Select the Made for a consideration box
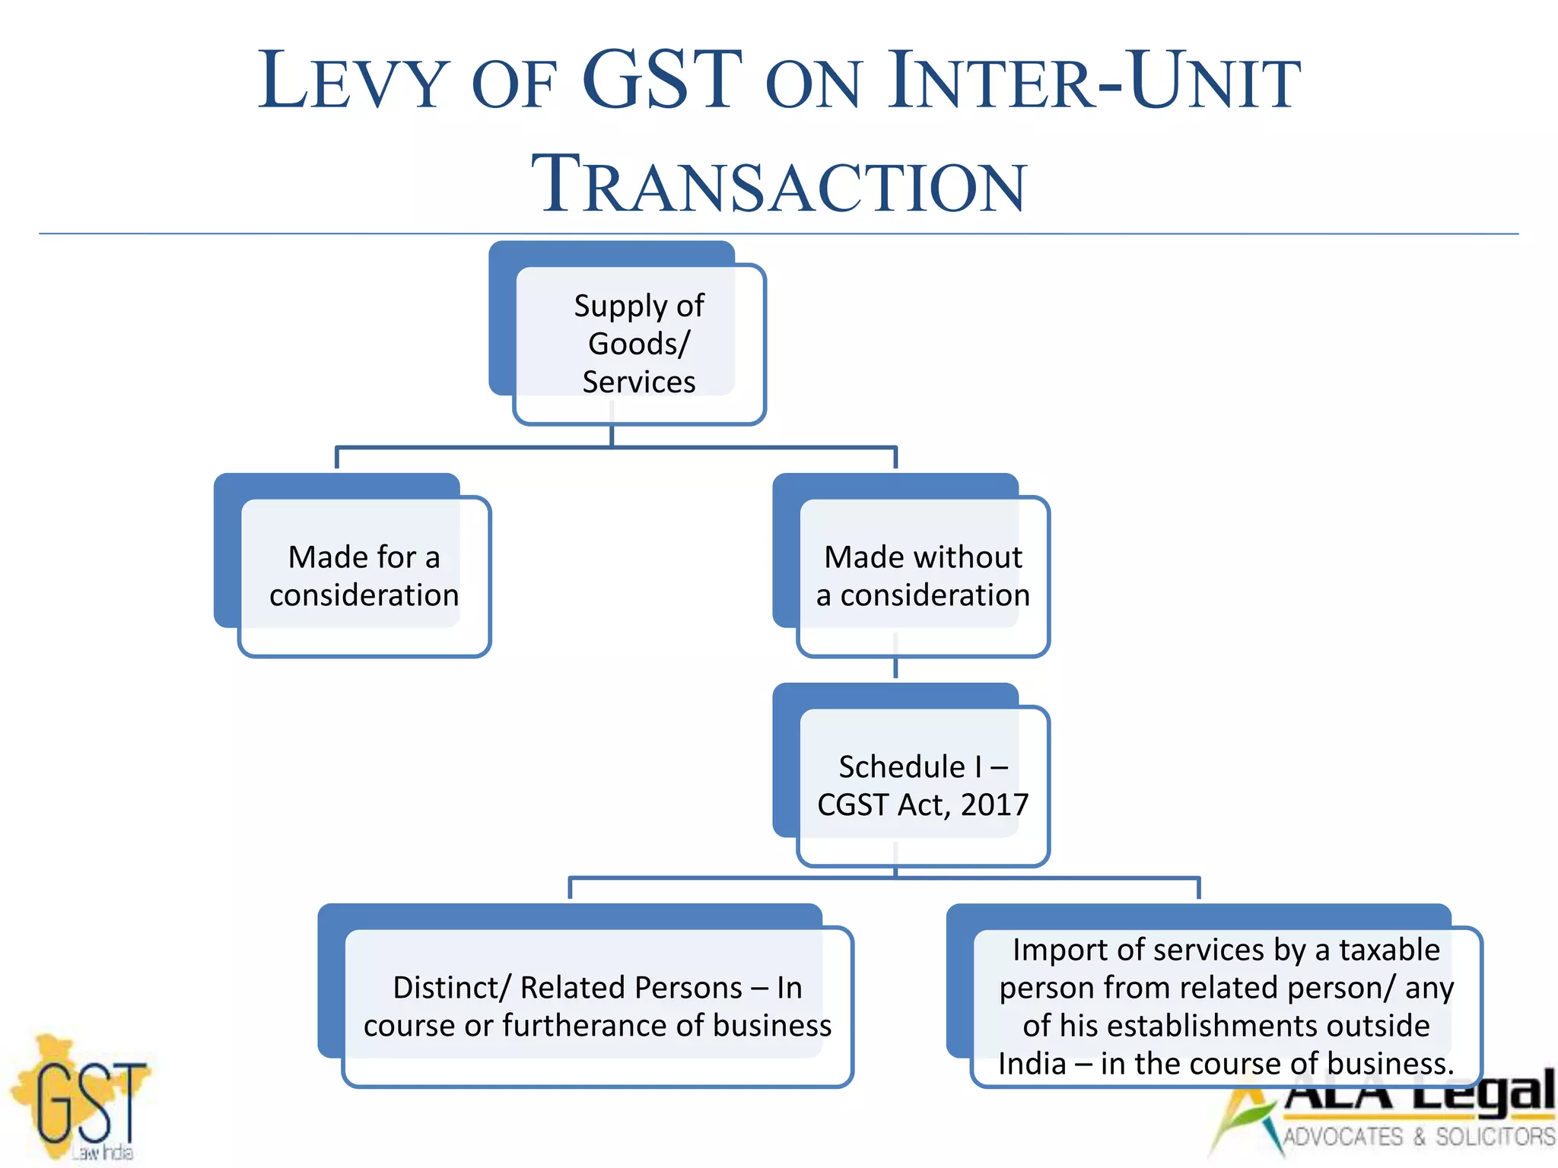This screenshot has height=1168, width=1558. (364, 576)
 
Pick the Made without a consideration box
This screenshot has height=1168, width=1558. (923, 576)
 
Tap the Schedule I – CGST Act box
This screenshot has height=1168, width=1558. (923, 786)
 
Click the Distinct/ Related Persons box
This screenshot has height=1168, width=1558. (597, 1006)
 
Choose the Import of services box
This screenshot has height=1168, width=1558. (1226, 1006)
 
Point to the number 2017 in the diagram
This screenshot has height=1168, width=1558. (994, 805)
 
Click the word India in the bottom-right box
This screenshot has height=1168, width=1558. (1032, 1064)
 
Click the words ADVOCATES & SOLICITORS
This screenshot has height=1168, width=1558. (1419, 1137)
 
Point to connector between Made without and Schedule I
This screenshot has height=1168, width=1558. (895, 668)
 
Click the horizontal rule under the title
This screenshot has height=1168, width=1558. (779, 233)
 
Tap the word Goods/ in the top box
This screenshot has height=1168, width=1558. (639, 344)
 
